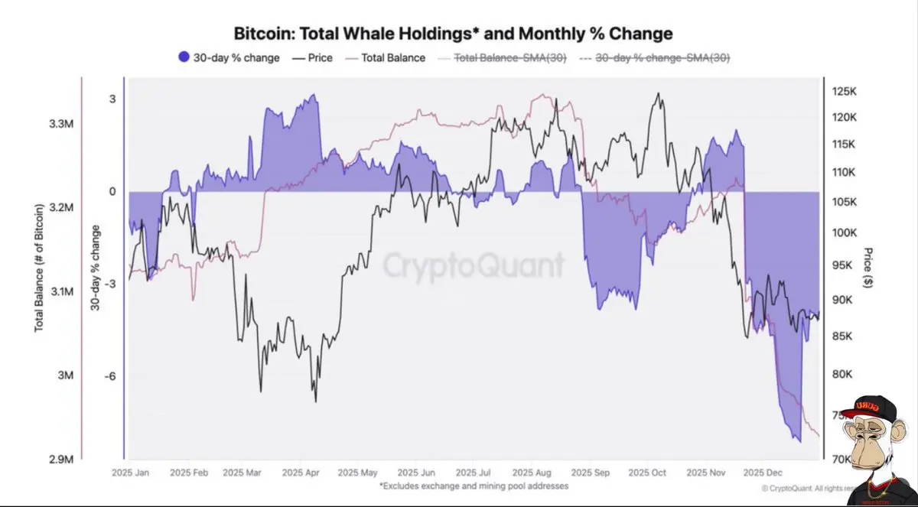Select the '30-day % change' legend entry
click(229, 57)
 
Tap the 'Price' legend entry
click(313, 57)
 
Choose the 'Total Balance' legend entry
click(386, 57)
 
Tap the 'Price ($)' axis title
click(869, 268)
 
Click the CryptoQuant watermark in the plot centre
click(474, 265)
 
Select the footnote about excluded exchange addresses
click(474, 486)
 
